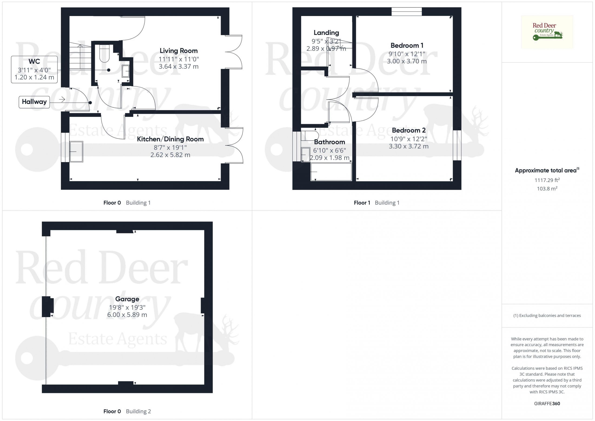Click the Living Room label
tap(178, 51)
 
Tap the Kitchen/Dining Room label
tap(170, 139)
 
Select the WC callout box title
tap(34, 61)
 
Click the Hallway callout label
tap(34, 102)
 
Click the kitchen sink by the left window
tap(76, 152)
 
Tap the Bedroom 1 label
tap(407, 46)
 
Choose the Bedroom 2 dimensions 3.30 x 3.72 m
tap(409, 146)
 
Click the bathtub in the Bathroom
tap(331, 172)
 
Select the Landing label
tap(326, 33)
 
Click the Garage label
tap(127, 299)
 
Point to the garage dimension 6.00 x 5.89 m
tap(127, 315)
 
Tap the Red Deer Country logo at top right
tap(547, 32)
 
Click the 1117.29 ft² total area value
tap(547, 180)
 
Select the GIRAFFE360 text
tap(547, 404)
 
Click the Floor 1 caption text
tap(362, 203)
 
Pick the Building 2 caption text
tap(138, 411)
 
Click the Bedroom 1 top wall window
tap(407, 12)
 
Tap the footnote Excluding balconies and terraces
tap(547, 315)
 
